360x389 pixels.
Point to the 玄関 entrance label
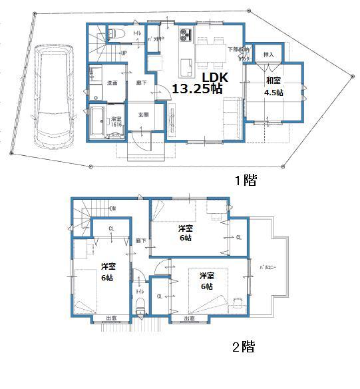click(143, 115)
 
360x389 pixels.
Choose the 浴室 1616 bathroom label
click(116, 121)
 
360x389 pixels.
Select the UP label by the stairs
click(124, 53)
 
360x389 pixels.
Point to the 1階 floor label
click(245, 180)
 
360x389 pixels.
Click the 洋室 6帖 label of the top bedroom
click(185, 232)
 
